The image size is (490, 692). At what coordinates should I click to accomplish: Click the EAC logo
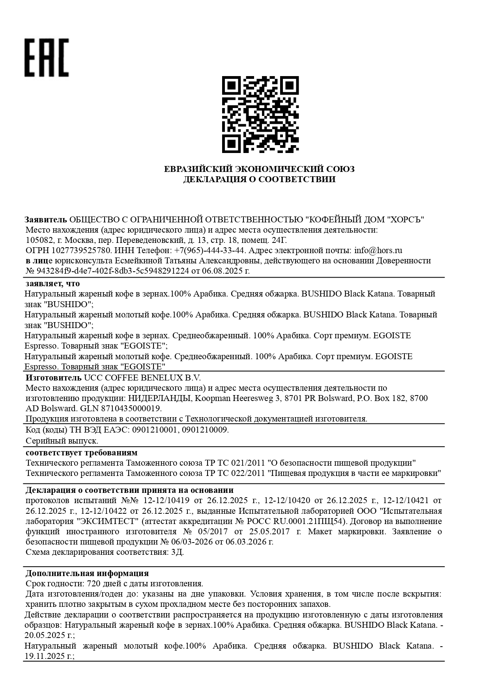point(47,58)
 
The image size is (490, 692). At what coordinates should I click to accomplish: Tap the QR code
point(260,114)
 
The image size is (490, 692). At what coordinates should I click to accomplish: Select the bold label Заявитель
point(46,220)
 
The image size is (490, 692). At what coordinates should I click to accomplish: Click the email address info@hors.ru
point(378,250)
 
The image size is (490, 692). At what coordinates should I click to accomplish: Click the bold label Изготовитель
point(54,377)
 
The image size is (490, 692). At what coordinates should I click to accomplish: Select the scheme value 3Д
point(177,552)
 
